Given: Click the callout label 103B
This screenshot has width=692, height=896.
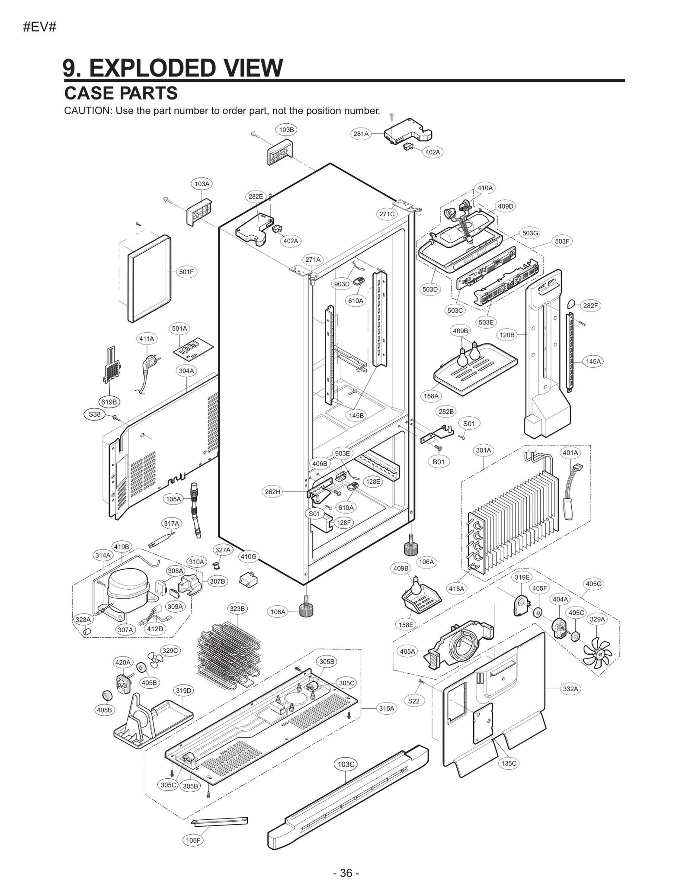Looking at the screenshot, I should click(x=286, y=129).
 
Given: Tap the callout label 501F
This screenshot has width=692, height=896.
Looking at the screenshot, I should click(x=186, y=272).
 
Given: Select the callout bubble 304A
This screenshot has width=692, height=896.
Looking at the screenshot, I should click(x=186, y=371).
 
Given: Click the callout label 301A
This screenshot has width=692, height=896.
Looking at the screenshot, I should click(x=484, y=450).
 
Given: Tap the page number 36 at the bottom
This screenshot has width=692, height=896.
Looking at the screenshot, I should click(x=346, y=873).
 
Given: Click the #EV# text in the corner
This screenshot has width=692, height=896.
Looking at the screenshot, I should click(x=39, y=27).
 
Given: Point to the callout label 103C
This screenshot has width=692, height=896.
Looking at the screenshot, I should click(x=346, y=764).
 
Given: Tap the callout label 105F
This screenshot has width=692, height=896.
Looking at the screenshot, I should click(x=193, y=840).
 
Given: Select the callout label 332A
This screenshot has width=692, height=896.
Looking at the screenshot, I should click(x=570, y=689).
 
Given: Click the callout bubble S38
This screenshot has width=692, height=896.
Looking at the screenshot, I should click(x=94, y=414).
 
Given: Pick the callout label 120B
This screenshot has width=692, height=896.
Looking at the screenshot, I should click(x=507, y=334).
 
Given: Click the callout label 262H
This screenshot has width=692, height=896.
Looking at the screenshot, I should click(x=272, y=491).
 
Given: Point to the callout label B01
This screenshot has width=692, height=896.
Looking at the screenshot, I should click(x=439, y=462).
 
